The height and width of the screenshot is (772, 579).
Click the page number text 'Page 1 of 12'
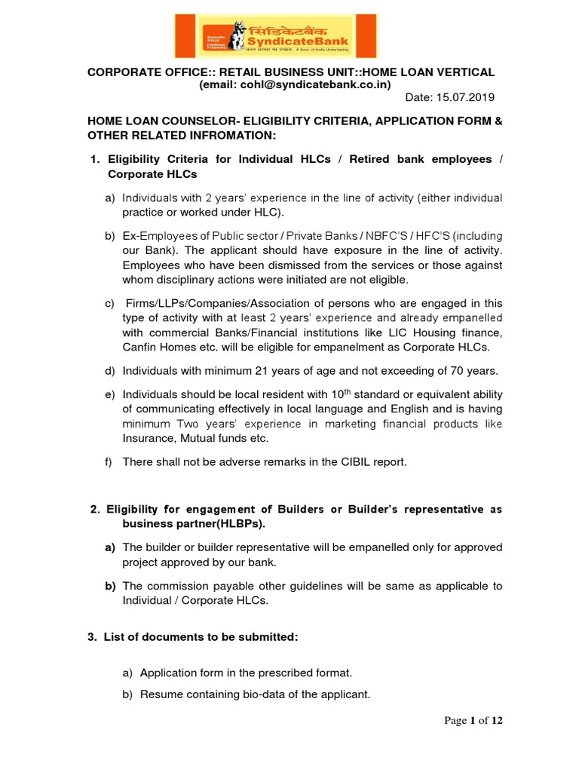click(x=473, y=721)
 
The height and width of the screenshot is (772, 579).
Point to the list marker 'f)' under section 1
click(x=109, y=462)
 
